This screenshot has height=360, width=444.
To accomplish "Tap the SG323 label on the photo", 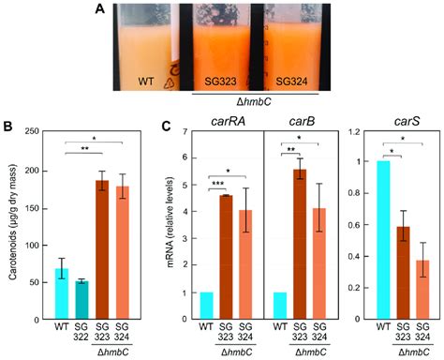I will (x=213, y=72).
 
